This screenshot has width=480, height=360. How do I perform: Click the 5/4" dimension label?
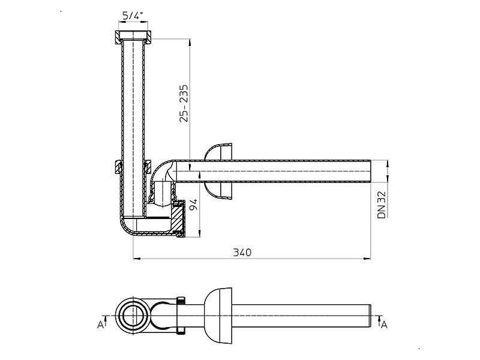pyautogui.click(x=133, y=16)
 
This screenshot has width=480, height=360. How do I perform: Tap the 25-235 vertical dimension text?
pyautogui.click(x=184, y=103)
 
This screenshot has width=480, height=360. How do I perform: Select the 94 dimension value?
pyautogui.click(x=193, y=205)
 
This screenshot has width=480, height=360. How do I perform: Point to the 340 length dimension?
pyautogui.click(x=242, y=253)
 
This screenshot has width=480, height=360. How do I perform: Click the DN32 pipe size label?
pyautogui.click(x=382, y=205)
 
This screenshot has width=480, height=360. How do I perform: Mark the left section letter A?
pyautogui.click(x=100, y=325)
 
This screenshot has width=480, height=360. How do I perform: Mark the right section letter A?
pyautogui.click(x=384, y=325)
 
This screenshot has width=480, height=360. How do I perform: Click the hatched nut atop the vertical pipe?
pyautogui.click(x=133, y=36)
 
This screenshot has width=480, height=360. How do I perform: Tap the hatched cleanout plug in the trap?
pyautogui.click(x=177, y=218)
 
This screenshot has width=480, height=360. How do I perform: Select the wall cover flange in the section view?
pyautogui.click(x=220, y=172)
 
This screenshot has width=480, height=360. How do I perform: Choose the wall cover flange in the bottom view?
pyautogui.click(x=219, y=316)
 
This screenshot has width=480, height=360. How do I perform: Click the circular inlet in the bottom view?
pyautogui.click(x=133, y=316)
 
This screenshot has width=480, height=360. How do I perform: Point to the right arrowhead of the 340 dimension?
pyautogui.click(x=367, y=259)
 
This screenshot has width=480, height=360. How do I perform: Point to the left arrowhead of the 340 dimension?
pyautogui.click(x=137, y=259)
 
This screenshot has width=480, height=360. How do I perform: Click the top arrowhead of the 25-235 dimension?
pyautogui.click(x=190, y=43)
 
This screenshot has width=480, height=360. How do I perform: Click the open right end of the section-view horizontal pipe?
pyautogui.click(x=371, y=171)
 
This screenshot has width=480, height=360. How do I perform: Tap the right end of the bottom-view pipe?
pyautogui.click(x=370, y=316)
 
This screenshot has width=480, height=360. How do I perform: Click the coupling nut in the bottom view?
pyautogui.click(x=181, y=316)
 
